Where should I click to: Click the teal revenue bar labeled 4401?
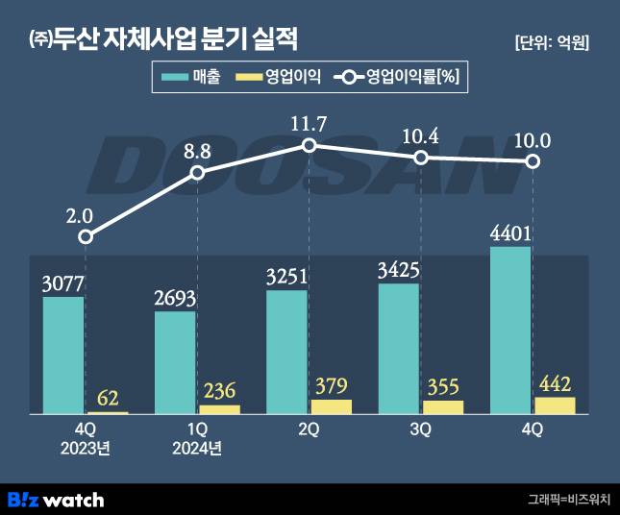[x=509, y=331]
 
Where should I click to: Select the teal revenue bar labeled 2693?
[x=175, y=362]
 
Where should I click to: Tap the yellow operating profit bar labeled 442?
[x=555, y=405]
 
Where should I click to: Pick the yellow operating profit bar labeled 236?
[x=220, y=409]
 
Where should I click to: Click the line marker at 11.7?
[x=309, y=145]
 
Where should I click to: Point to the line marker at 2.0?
[x=86, y=236]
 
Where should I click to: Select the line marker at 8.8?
[x=197, y=173]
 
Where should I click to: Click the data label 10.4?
[x=420, y=135]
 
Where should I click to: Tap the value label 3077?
[x=62, y=283]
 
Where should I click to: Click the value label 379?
[x=331, y=385]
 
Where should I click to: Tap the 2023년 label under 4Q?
[x=86, y=448]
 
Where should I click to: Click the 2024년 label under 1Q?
[x=197, y=448]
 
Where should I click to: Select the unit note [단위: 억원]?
[x=552, y=42]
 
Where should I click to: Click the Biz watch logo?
[x=56, y=500]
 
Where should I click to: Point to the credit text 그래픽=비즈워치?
[x=568, y=500]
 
